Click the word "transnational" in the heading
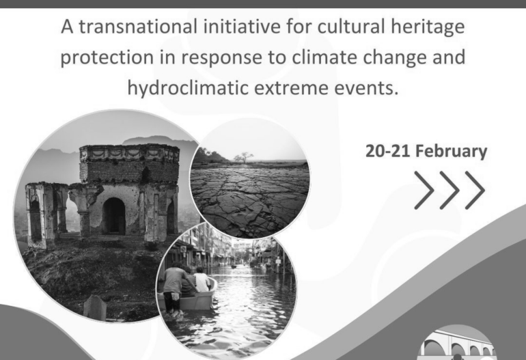click(138, 27)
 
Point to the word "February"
click(451, 152)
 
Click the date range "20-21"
click(387, 151)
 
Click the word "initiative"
click(242, 27)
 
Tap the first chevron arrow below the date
click(424, 190)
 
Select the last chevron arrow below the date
click(475, 190)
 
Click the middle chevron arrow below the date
click(449, 190)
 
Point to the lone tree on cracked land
click(244, 157)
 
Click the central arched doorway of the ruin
click(114, 216)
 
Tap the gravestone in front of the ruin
click(95, 307)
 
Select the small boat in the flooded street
click(188, 296)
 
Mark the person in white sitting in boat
click(202, 279)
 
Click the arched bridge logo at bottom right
click(456, 343)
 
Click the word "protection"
click(107, 58)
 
